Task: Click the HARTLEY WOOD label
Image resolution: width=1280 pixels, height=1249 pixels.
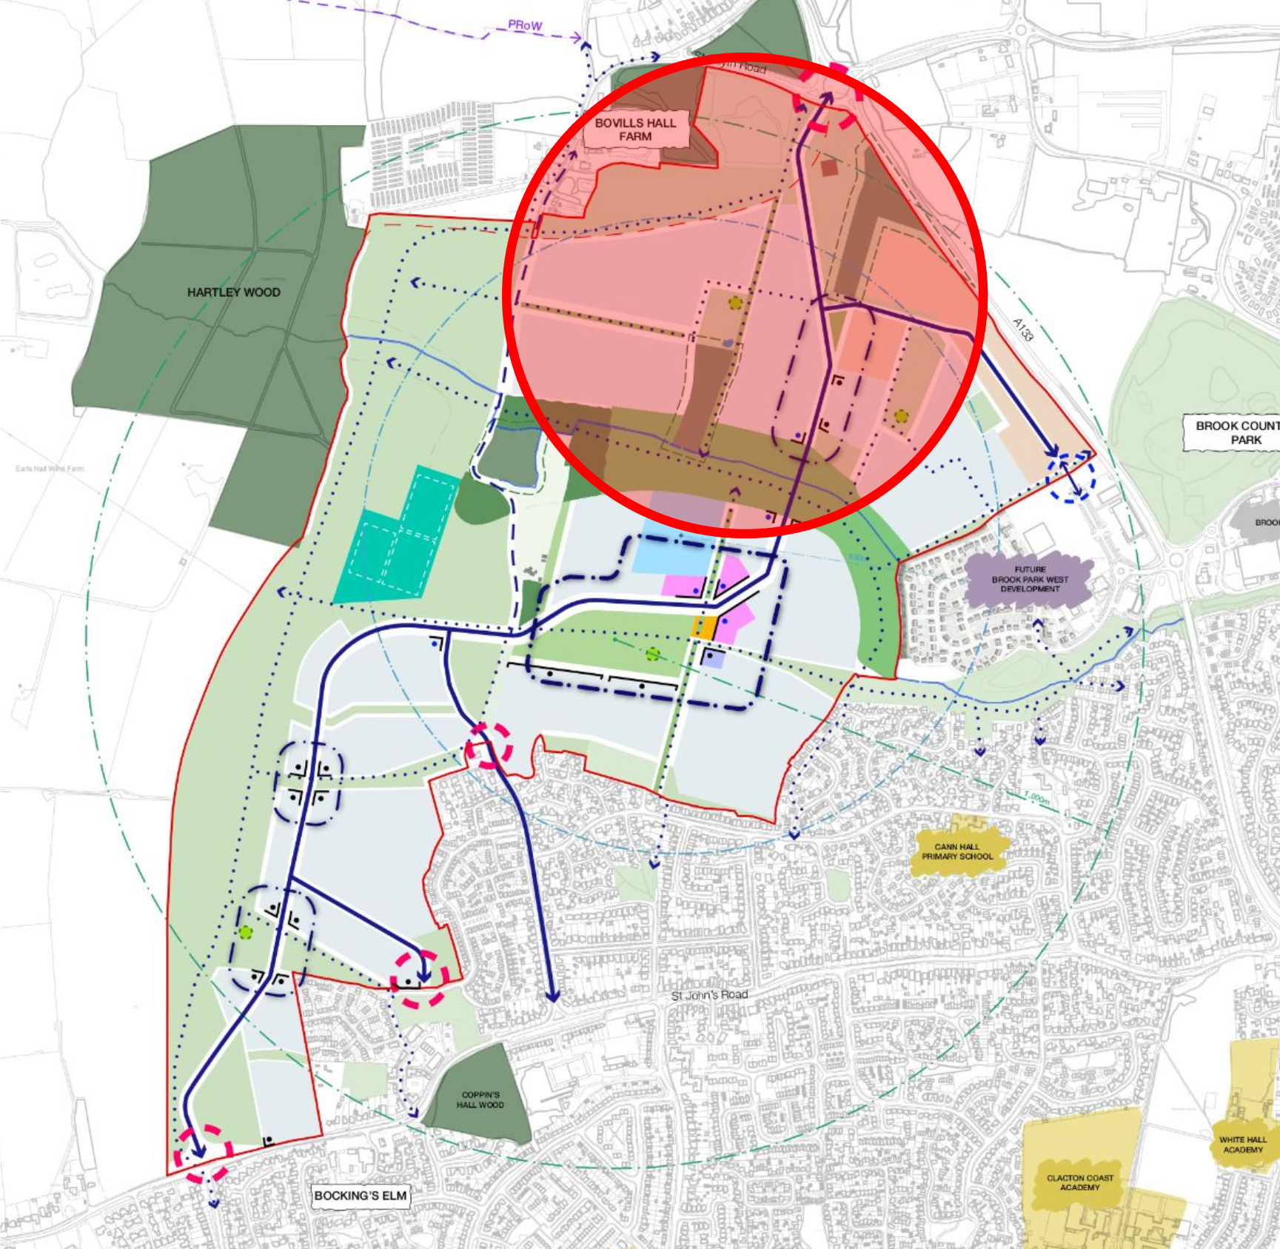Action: coord(233,292)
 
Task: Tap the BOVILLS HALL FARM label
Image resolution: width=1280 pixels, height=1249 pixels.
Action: coord(635,130)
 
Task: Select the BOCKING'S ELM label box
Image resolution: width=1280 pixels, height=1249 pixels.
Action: coord(361,1196)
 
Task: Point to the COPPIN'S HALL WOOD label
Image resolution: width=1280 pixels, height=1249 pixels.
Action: coord(480,1099)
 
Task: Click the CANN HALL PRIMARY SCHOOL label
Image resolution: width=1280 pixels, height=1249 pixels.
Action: coord(957,851)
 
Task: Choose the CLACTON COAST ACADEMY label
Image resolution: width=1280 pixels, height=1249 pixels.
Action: coord(1079,1182)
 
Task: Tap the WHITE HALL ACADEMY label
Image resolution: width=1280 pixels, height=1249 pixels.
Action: coord(1242,1145)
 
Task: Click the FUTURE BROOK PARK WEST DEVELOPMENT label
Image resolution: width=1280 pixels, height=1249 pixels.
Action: coord(1030,580)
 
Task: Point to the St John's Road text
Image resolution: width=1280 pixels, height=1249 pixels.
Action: coord(709,995)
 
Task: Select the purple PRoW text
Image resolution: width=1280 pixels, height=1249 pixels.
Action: coord(525,25)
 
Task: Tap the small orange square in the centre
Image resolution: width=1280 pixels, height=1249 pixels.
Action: coord(704,627)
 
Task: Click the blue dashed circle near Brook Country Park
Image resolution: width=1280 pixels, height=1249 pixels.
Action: coord(1070,477)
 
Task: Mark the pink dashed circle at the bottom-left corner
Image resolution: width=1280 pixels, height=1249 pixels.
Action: coord(203,1153)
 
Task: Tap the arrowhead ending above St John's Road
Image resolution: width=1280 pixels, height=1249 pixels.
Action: coord(552,997)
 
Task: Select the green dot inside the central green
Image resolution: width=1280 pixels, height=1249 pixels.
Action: coord(652,654)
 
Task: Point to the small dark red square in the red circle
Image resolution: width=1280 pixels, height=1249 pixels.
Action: coord(829,168)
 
